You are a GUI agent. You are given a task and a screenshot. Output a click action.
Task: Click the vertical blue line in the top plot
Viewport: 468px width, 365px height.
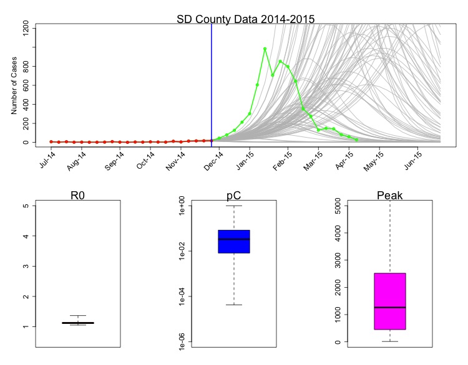coord(212,81)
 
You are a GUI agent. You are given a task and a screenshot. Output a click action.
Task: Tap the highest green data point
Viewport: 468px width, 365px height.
coord(265,49)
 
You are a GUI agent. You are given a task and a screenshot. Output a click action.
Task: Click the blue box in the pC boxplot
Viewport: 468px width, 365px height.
coord(234,242)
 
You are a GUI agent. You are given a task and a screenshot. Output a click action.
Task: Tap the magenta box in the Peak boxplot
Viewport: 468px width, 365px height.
coord(390,301)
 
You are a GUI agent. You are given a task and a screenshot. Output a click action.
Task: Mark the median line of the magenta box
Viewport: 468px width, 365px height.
coord(390,308)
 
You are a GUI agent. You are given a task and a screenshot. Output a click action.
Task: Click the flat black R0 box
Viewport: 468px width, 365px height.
coord(78,323)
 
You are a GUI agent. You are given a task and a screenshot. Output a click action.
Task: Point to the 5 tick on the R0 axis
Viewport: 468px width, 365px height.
coord(30,206)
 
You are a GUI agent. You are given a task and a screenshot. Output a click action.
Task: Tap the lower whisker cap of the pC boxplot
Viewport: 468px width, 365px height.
coord(234,305)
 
